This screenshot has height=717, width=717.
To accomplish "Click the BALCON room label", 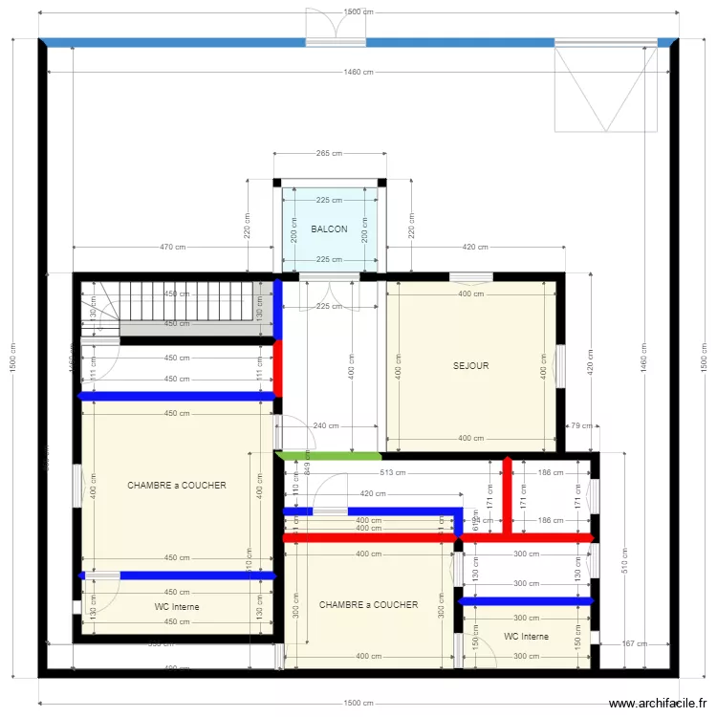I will pos(329,229).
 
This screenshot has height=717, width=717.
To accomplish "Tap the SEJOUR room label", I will pos(470,365).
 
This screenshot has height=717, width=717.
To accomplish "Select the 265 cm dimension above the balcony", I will pos(329,153).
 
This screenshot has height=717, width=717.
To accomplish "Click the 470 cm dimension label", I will pos(172,248).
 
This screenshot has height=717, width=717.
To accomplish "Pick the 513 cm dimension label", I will pos(392,472).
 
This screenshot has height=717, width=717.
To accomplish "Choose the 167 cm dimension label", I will pos(634,643).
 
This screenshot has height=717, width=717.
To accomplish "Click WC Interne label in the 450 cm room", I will pos(177,606).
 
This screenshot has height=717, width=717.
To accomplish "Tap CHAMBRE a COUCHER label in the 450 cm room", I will pos(177,485).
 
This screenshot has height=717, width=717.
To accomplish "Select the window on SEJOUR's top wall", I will pos(470,277).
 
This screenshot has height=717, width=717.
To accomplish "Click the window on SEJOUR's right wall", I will pos(561,365).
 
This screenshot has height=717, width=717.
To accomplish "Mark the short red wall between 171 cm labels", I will pos(508,492).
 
